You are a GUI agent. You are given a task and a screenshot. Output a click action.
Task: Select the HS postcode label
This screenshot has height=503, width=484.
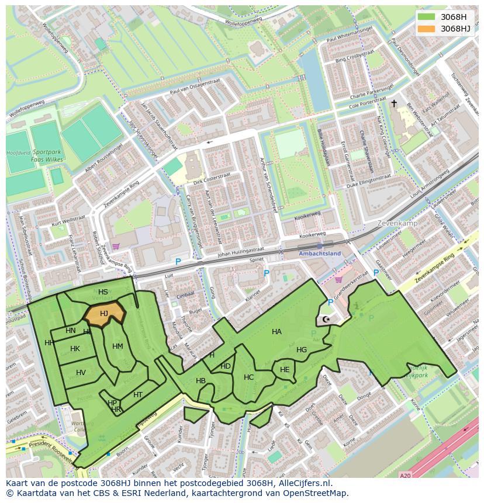103,292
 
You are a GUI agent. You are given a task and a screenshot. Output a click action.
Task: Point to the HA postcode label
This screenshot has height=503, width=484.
276,332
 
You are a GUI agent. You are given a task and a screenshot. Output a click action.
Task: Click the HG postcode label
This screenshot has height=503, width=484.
302,350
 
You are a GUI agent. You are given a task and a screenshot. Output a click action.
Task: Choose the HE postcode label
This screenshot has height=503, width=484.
285,370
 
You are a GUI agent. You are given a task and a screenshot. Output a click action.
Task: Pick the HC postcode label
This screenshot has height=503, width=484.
249,377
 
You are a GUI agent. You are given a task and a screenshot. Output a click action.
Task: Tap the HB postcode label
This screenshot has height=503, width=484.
200,381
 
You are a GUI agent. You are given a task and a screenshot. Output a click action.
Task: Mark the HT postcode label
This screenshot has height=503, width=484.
138,395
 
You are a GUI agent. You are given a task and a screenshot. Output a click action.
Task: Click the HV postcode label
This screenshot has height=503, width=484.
81,373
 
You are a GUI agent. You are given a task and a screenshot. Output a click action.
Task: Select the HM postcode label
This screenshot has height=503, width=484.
117,346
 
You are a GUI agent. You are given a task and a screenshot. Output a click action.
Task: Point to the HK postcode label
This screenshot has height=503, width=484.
75,349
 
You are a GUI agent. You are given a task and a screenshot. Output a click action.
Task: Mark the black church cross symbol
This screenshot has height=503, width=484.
394,103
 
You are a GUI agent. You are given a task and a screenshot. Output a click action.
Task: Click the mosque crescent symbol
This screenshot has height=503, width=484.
326,320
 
